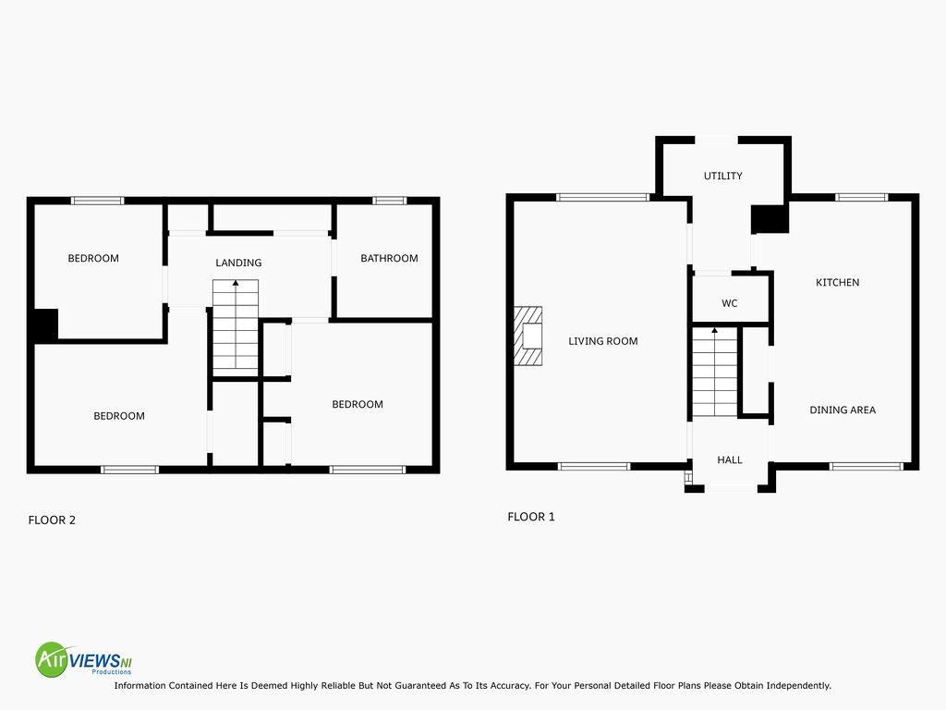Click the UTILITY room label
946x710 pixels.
pos(722,176)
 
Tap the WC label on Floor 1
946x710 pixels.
pos(730,303)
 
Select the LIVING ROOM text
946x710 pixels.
pos(602,341)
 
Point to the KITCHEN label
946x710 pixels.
pos(837,282)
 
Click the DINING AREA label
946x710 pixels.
pos(843,410)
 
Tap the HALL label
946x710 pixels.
pos(730,460)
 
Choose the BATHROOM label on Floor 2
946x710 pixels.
pos(389,259)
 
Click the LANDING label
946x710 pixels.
pos(238,263)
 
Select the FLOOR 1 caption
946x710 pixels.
pos(531,517)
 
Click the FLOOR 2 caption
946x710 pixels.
pos(52,520)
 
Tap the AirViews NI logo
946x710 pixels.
pos(83,659)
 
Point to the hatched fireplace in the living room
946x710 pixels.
pos(528,336)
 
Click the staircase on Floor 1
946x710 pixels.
pos(714,372)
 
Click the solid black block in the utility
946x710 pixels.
pos(770,218)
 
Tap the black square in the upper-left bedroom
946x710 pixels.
pos(45,326)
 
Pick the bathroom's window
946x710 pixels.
pos(389,201)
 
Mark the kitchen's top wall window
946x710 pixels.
pos(862,197)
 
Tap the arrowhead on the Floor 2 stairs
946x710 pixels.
pos(236,283)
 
